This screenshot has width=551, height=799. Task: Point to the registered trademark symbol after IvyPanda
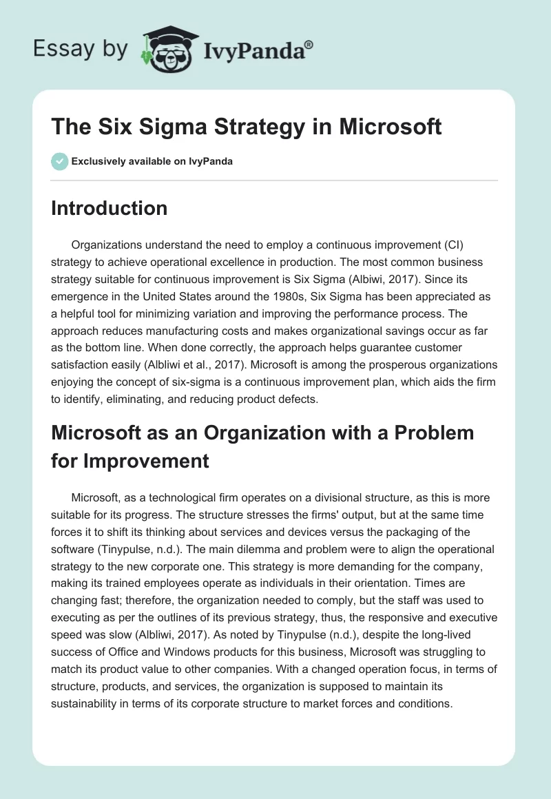(x=309, y=45)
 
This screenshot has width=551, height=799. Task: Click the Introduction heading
(x=109, y=208)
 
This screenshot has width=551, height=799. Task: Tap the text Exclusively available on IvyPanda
(x=152, y=161)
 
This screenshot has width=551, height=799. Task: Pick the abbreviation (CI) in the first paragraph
(x=479, y=246)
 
